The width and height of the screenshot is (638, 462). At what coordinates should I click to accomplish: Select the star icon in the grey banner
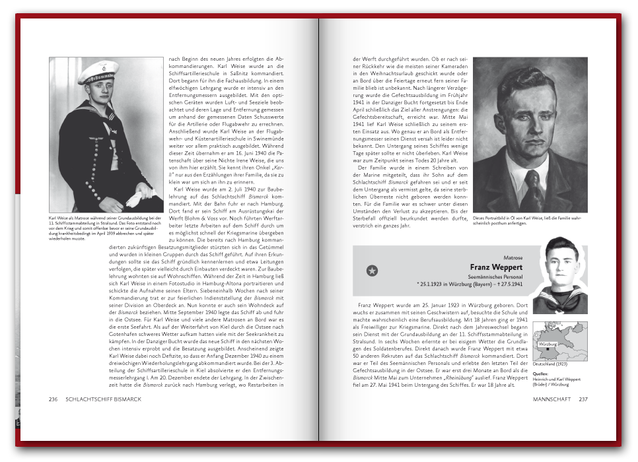click(x=372, y=270)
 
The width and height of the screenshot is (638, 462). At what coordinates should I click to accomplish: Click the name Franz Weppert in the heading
click(x=497, y=267)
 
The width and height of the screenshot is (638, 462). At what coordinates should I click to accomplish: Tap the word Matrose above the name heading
click(x=513, y=257)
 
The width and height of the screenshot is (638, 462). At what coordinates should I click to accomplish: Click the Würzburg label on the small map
click(x=548, y=345)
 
